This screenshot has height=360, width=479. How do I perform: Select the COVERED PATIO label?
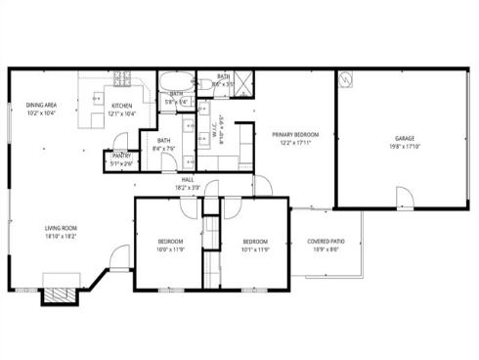coord(325,241)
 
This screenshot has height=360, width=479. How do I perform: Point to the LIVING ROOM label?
coord(61,228)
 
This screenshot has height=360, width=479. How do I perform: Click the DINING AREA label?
coord(41,106)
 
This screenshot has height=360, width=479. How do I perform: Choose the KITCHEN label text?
coord(122,106)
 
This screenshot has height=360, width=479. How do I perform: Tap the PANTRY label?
coord(121,156)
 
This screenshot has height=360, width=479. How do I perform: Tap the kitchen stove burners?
coord(123,78)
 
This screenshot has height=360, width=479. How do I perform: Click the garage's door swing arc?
coord(401,199)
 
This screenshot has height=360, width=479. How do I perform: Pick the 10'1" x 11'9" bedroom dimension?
coord(255,247)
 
